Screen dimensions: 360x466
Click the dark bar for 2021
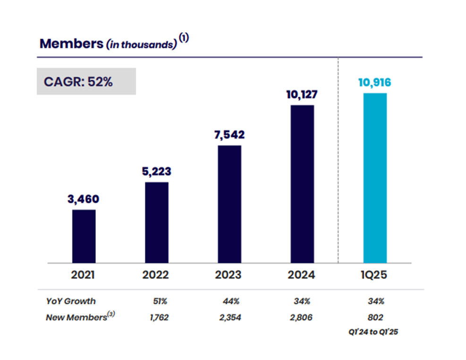(x=84, y=236)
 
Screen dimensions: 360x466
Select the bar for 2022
(x=156, y=222)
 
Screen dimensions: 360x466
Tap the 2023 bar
(x=229, y=204)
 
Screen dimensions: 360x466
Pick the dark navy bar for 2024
(x=302, y=184)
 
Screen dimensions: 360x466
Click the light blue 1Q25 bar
(x=375, y=178)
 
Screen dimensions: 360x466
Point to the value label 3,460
(x=83, y=199)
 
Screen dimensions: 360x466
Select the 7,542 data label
(x=229, y=134)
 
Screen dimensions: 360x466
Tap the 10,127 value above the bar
(x=302, y=94)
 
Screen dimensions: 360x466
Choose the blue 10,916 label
(x=374, y=83)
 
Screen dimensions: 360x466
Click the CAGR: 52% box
(x=86, y=81)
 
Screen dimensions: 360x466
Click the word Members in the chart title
(x=71, y=43)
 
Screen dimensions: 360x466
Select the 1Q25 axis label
(x=374, y=275)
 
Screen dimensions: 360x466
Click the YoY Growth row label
(x=70, y=301)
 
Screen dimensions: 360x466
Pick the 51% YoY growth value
(x=156, y=301)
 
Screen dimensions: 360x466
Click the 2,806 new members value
(x=302, y=318)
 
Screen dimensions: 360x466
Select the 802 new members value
(x=374, y=318)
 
